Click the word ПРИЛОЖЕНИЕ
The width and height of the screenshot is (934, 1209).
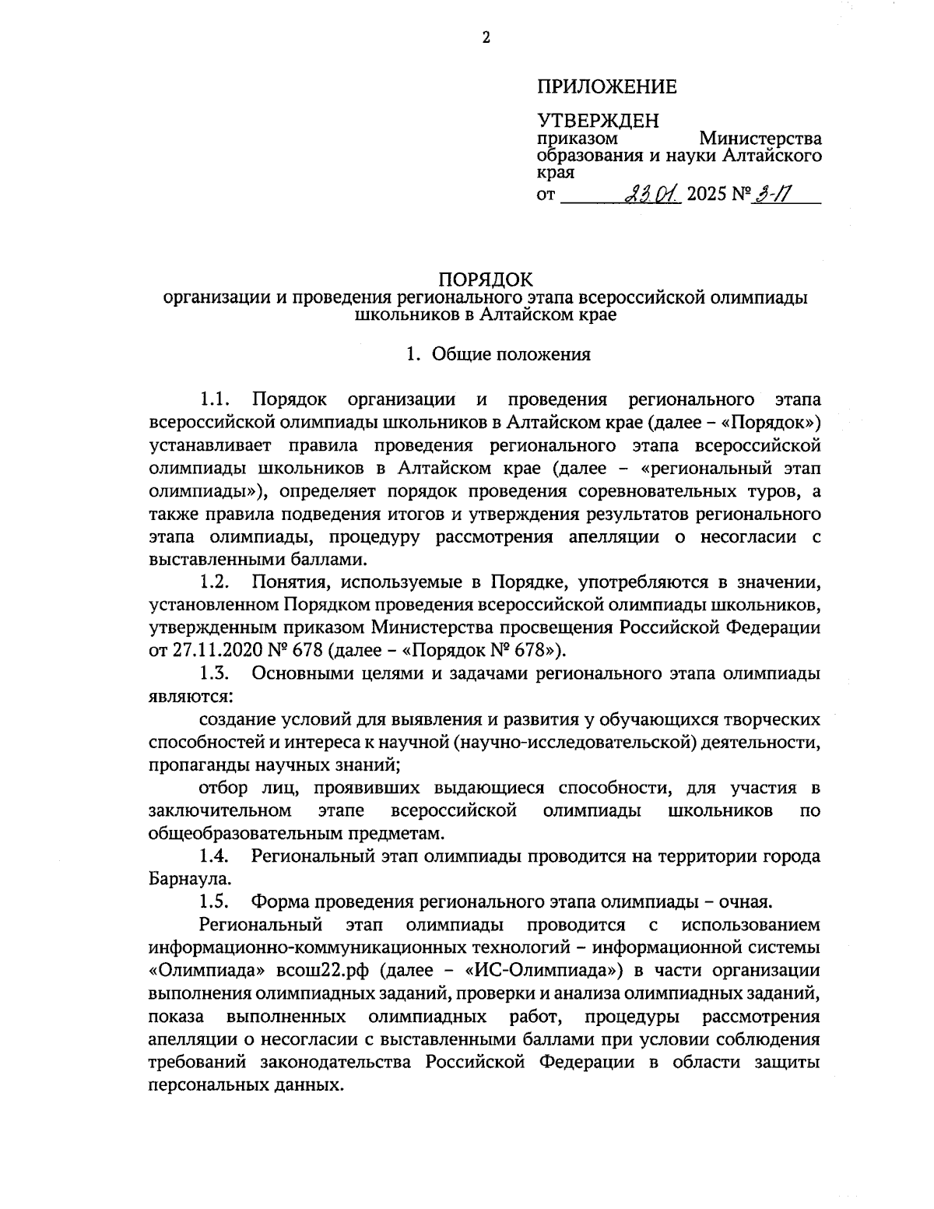(606, 86)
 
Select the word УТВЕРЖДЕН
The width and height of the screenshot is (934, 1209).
(597, 121)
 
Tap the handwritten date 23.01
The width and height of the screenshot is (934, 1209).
(652, 192)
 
